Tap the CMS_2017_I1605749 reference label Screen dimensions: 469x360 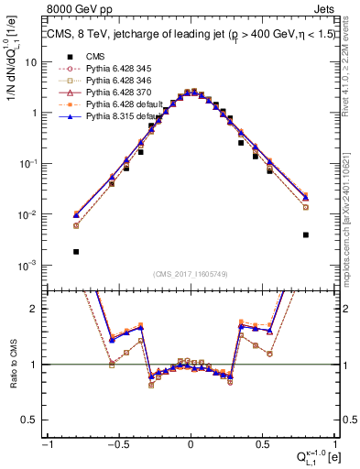[190, 275]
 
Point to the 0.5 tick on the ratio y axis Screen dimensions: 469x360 [32, 420]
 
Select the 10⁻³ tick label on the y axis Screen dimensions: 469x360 [29, 265]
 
